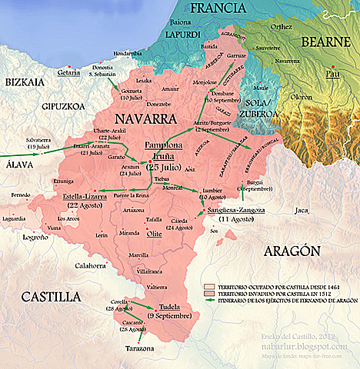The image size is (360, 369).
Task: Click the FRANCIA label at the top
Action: (x=222, y=8)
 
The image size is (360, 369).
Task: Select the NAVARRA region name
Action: (x=142, y=119)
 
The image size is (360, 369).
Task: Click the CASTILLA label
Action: (x=51, y=296)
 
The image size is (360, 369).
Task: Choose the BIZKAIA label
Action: (x=25, y=81)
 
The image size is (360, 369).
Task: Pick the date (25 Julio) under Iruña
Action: (x=164, y=165)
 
